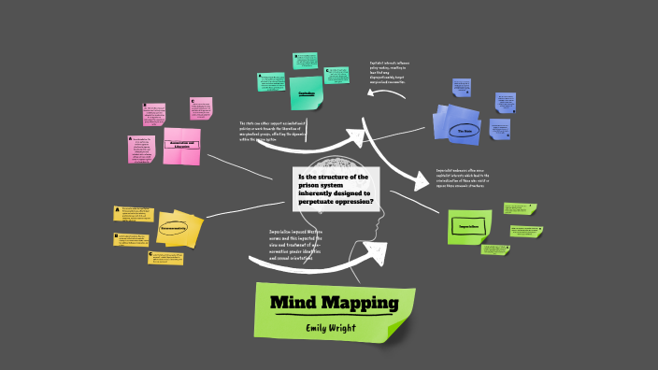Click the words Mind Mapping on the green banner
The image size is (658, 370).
point(334,304)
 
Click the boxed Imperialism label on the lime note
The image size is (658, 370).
point(469,227)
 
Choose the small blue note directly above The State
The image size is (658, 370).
point(506,101)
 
